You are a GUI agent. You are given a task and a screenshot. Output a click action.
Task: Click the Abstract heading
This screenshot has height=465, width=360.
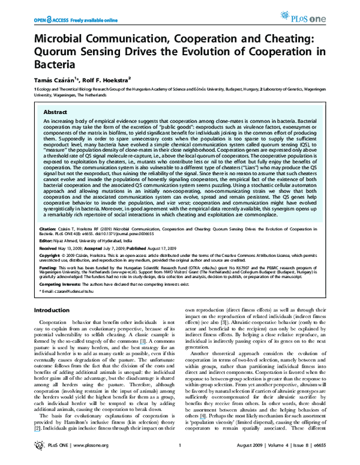pyautogui.click(x=55, y=112)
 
